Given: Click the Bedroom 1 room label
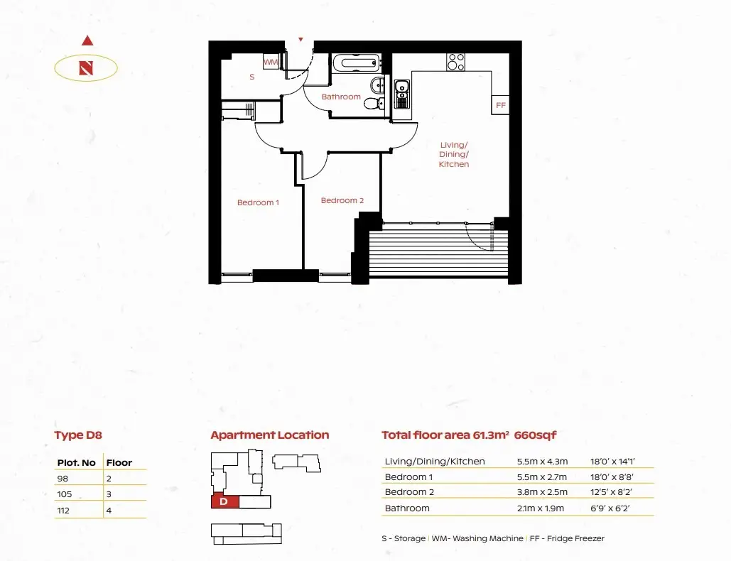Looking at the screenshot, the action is (x=258, y=202).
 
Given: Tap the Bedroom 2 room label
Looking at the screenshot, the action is (x=342, y=200).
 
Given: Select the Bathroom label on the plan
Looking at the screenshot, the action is (x=341, y=97).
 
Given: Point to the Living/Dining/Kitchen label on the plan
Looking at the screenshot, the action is (x=454, y=155).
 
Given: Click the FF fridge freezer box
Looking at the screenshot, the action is (x=500, y=105).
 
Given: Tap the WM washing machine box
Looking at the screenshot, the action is (x=271, y=62).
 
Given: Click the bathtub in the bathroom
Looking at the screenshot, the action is (x=357, y=63).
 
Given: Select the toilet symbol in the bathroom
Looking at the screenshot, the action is (x=374, y=103).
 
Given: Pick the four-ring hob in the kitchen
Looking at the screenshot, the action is (x=455, y=62).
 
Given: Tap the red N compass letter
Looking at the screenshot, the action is (x=86, y=68).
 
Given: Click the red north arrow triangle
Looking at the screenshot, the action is (x=87, y=40).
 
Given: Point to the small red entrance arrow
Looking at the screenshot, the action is (x=300, y=40).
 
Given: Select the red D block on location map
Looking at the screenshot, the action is (x=225, y=501).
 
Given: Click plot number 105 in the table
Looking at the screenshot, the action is (x=65, y=494).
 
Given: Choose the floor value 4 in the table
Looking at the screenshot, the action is (x=109, y=511).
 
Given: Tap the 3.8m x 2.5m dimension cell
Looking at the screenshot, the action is (x=542, y=492).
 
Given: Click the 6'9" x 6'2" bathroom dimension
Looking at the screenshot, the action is (x=610, y=508).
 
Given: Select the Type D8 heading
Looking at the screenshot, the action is (x=78, y=435).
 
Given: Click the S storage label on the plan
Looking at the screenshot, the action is (x=251, y=77).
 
